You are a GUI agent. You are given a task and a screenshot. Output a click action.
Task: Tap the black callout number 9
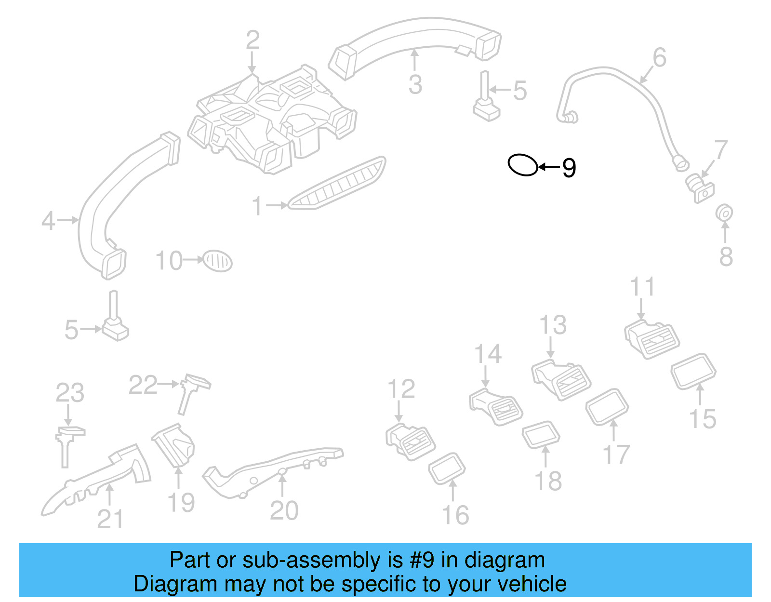coord(569,168)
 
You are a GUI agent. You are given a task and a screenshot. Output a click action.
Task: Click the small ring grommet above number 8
coord(724,213)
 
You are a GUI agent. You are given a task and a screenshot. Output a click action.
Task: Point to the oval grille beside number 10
coord(217,261)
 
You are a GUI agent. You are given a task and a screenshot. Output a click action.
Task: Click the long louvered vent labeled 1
coord(337,184)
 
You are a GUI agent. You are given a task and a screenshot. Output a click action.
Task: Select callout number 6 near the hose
coord(659,57)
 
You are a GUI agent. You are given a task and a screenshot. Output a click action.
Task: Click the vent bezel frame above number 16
coord(447,468)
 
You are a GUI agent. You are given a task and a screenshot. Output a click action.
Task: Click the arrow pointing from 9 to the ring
coord(549,167)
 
